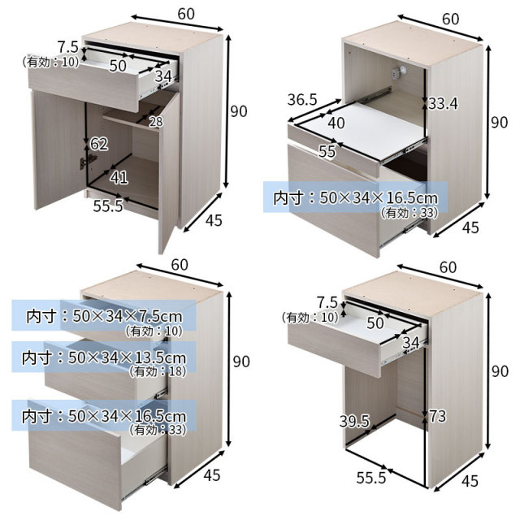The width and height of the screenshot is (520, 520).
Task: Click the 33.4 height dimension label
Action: [443, 103]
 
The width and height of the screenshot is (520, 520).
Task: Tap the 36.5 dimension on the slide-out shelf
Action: [302, 99]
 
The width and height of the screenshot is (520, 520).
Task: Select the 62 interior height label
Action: [99, 144]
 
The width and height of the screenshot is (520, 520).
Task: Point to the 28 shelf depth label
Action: [156, 122]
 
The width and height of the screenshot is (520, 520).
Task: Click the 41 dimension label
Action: [119, 178]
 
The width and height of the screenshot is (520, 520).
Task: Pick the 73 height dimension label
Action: [438, 416]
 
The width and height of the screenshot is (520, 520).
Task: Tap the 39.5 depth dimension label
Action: [354, 421]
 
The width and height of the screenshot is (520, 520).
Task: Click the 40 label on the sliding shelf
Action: [336, 123]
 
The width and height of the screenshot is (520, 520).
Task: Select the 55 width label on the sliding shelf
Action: [327, 151]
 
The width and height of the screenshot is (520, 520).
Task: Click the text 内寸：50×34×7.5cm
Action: [105, 316]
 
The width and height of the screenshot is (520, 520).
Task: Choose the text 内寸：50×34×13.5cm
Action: [104, 357]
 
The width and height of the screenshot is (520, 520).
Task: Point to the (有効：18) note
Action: [158, 371]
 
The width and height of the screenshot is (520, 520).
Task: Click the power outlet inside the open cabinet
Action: [398, 72]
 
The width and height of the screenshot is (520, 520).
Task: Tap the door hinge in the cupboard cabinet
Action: [84, 162]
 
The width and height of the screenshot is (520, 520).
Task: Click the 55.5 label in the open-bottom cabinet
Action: [371, 478]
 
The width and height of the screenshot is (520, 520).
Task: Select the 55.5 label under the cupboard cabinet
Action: [108, 206]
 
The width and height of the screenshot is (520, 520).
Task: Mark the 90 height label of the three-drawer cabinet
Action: [241, 361]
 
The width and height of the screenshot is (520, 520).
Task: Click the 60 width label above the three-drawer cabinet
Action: [180, 265]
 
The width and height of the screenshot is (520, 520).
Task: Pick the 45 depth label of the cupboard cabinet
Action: [214, 220]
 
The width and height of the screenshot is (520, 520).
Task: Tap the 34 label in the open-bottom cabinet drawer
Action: [410, 343]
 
